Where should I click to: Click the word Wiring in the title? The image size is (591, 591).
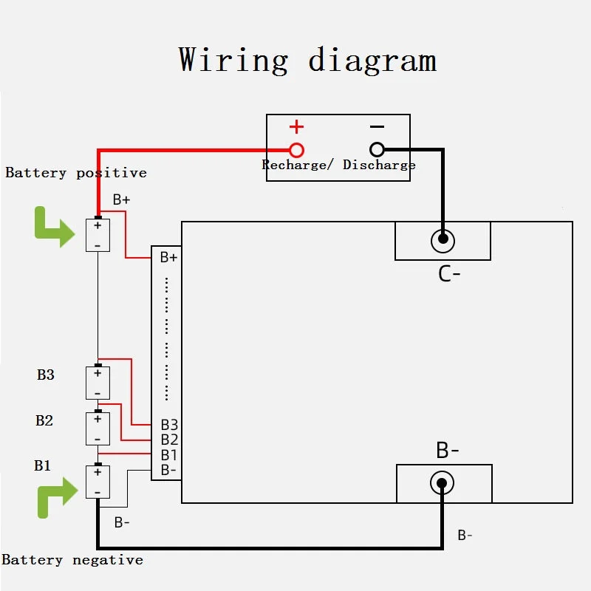233,60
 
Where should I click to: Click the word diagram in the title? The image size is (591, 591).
372,60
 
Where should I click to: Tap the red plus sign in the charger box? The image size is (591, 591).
297,126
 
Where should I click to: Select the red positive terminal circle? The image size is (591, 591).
297,150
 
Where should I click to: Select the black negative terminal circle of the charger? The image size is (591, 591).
377,149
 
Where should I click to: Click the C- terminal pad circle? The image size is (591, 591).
443,241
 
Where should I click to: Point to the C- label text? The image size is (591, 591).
449,274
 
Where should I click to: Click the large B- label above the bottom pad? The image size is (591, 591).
448,450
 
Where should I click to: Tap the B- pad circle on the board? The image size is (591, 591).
442,483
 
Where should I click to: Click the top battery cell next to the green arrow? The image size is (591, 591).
98,235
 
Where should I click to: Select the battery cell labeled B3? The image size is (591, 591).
98,382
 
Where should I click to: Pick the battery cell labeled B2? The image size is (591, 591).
98,428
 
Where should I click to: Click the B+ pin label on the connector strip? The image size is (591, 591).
168,257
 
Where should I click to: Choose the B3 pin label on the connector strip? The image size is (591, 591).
169,425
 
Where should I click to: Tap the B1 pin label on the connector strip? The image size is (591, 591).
169,455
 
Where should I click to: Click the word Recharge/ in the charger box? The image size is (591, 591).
298,165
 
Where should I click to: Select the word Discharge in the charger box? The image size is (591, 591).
379,165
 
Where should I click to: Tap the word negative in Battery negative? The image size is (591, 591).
108,560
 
